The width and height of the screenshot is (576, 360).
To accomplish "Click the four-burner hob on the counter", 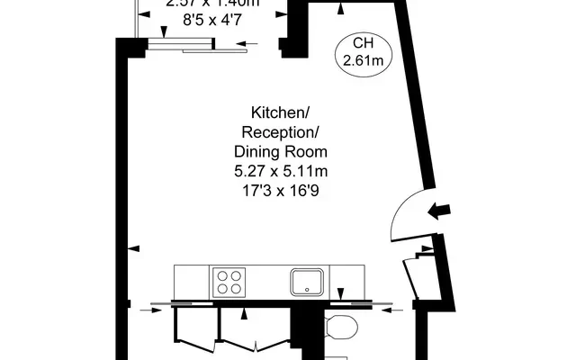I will pyautogui.click(x=229, y=283).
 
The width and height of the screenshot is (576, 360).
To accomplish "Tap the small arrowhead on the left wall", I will pyautogui.click(x=134, y=247).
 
